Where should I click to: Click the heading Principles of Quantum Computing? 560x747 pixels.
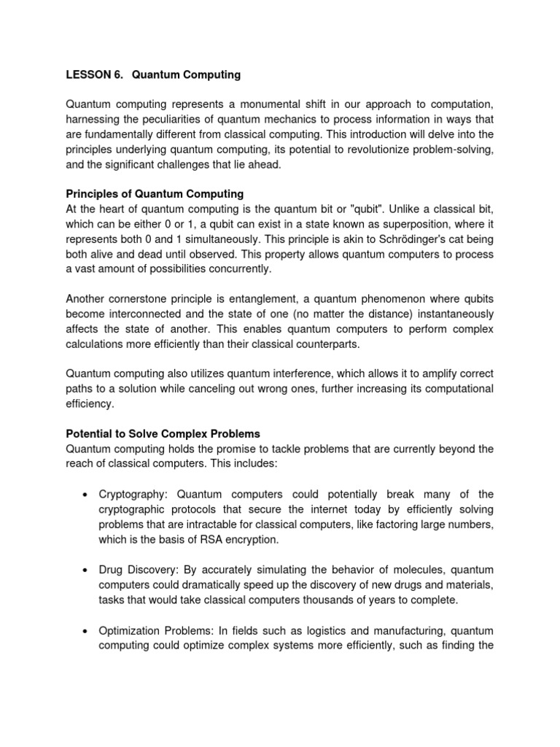click(x=155, y=193)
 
